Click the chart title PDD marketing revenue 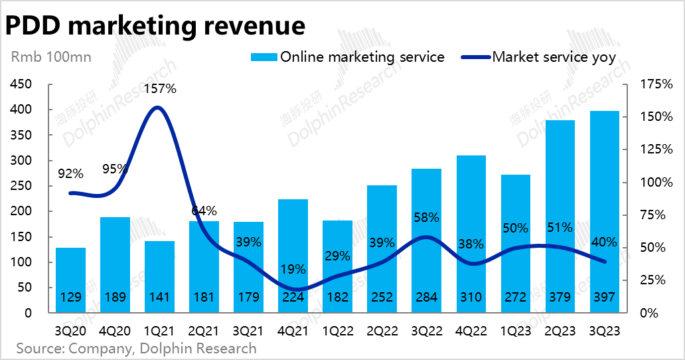click(x=155, y=25)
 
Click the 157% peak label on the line click(x=159, y=89)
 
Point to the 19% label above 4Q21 click(x=293, y=270)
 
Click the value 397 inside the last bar click(x=604, y=297)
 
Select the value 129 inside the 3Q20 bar click(x=70, y=297)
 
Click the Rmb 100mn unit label click(x=51, y=57)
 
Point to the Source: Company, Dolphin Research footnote click(x=136, y=348)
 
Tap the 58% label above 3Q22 click(x=426, y=218)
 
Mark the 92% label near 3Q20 click(x=70, y=174)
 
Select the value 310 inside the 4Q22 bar click(x=471, y=297)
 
